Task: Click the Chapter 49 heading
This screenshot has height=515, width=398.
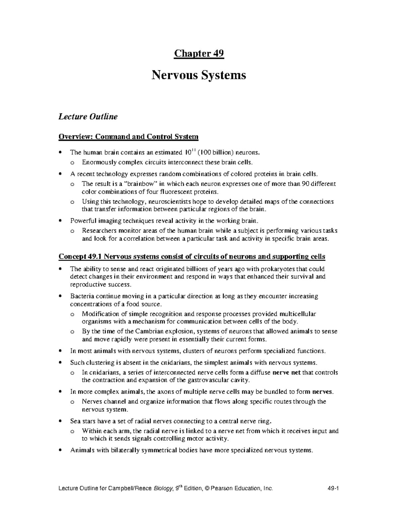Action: point(199,53)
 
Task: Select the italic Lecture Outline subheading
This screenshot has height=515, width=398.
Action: point(88,117)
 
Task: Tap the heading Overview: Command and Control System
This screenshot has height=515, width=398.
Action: point(128,137)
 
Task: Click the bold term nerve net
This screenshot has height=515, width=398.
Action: point(286,372)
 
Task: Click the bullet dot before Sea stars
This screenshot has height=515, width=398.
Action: point(60,421)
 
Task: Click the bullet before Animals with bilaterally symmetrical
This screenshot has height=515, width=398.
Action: point(60,450)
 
